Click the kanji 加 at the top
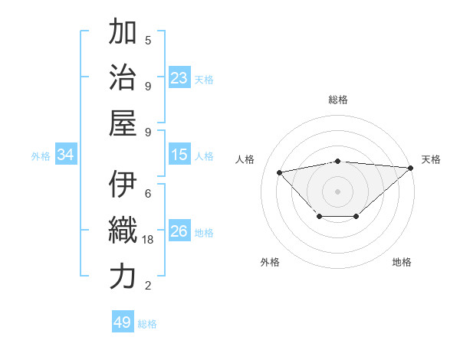coord(123,32)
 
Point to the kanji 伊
coord(123,185)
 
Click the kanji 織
coord(123,230)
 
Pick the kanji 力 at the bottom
coord(123,276)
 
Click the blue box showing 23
coord(179,78)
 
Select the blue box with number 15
coord(179,155)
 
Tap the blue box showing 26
coord(179,231)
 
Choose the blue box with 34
coord(65,155)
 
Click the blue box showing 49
coord(123,322)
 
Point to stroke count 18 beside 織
coord(149,240)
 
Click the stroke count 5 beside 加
coord(148,40)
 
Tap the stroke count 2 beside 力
coord(148,286)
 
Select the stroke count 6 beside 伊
coord(148,194)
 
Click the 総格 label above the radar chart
coord(337,100)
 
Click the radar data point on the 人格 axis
coord(280,172)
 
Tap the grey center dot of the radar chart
coord(337,191)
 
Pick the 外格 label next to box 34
coord(41,156)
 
